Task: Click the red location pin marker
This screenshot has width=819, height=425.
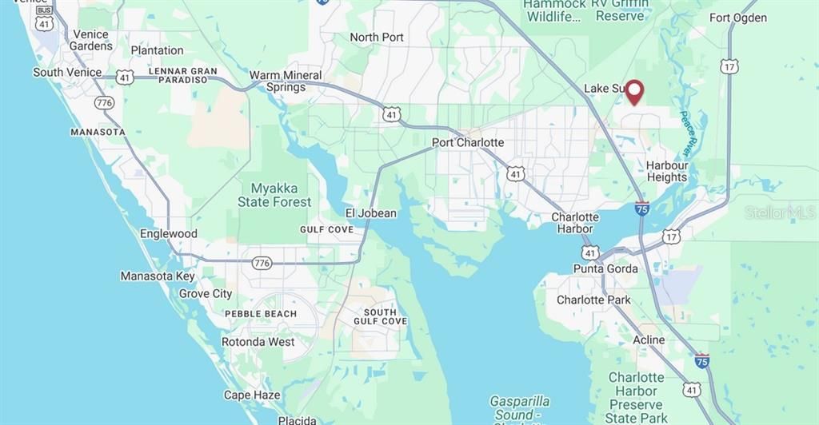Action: tap(634, 92)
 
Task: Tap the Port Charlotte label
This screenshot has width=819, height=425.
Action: tap(468, 142)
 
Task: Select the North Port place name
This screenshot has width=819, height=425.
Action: tap(377, 37)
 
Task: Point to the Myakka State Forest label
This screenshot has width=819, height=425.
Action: tap(274, 195)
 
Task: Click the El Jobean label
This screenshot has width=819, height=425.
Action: tap(370, 212)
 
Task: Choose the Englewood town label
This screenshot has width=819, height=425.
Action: tap(168, 233)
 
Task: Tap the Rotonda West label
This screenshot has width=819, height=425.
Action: tap(258, 342)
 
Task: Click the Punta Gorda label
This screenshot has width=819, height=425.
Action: tap(605, 268)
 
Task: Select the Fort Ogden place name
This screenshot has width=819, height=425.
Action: tap(738, 18)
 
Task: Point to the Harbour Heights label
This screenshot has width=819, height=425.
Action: tap(667, 171)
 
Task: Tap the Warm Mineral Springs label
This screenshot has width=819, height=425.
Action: tap(286, 81)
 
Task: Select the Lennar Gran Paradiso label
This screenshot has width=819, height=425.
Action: tap(183, 75)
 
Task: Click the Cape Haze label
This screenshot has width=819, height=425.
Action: tap(252, 395)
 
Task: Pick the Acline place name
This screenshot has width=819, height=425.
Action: tap(649, 340)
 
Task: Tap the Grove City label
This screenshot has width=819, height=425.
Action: tap(206, 293)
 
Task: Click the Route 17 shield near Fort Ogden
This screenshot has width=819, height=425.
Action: tap(729, 67)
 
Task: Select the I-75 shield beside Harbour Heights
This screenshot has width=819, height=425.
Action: tap(642, 208)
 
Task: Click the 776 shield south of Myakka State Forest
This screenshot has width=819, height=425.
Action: tap(262, 263)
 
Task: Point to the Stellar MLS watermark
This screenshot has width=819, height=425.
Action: tap(781, 212)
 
